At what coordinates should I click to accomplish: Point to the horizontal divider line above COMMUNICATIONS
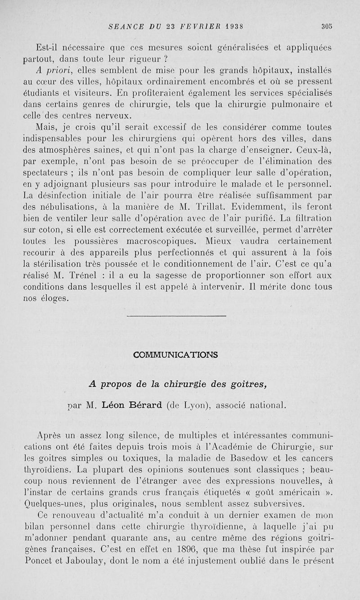176,317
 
